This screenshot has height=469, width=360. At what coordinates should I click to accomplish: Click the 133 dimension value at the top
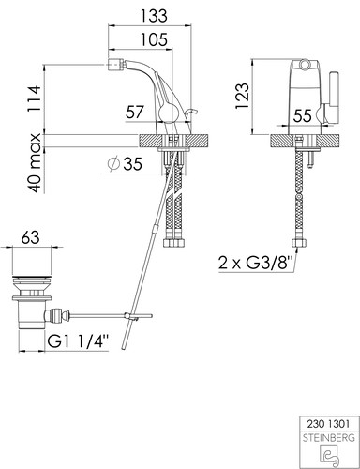click(154, 16)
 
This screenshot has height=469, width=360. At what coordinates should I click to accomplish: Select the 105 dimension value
click(154, 40)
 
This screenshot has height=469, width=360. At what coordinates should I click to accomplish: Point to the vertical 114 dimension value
click(34, 98)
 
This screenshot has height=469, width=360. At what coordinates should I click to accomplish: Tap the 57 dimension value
click(135, 112)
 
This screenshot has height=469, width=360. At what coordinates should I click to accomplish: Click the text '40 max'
click(34, 163)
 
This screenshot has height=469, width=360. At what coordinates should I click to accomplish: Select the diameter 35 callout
click(125, 163)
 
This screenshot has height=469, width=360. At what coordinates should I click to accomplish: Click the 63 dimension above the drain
click(31, 237)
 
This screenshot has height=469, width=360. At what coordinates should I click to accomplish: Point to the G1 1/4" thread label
click(78, 342)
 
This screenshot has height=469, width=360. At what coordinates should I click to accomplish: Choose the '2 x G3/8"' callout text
click(256, 263)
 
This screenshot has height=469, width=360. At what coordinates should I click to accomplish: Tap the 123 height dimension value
click(243, 96)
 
